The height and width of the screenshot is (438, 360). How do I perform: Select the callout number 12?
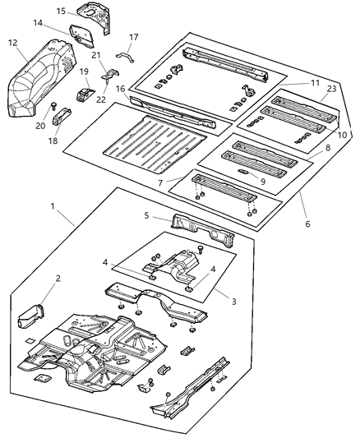12,43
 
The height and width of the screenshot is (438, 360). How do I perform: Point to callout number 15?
60,11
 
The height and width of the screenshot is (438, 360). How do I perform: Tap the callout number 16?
120,88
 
